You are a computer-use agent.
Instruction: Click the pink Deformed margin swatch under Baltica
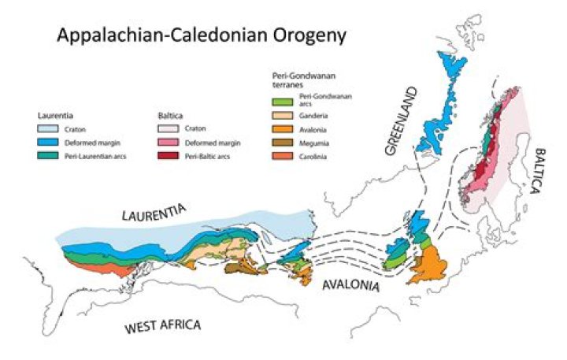(x=169, y=143)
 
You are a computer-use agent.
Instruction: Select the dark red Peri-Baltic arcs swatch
(x=169, y=157)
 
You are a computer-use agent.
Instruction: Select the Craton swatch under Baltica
(x=169, y=128)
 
